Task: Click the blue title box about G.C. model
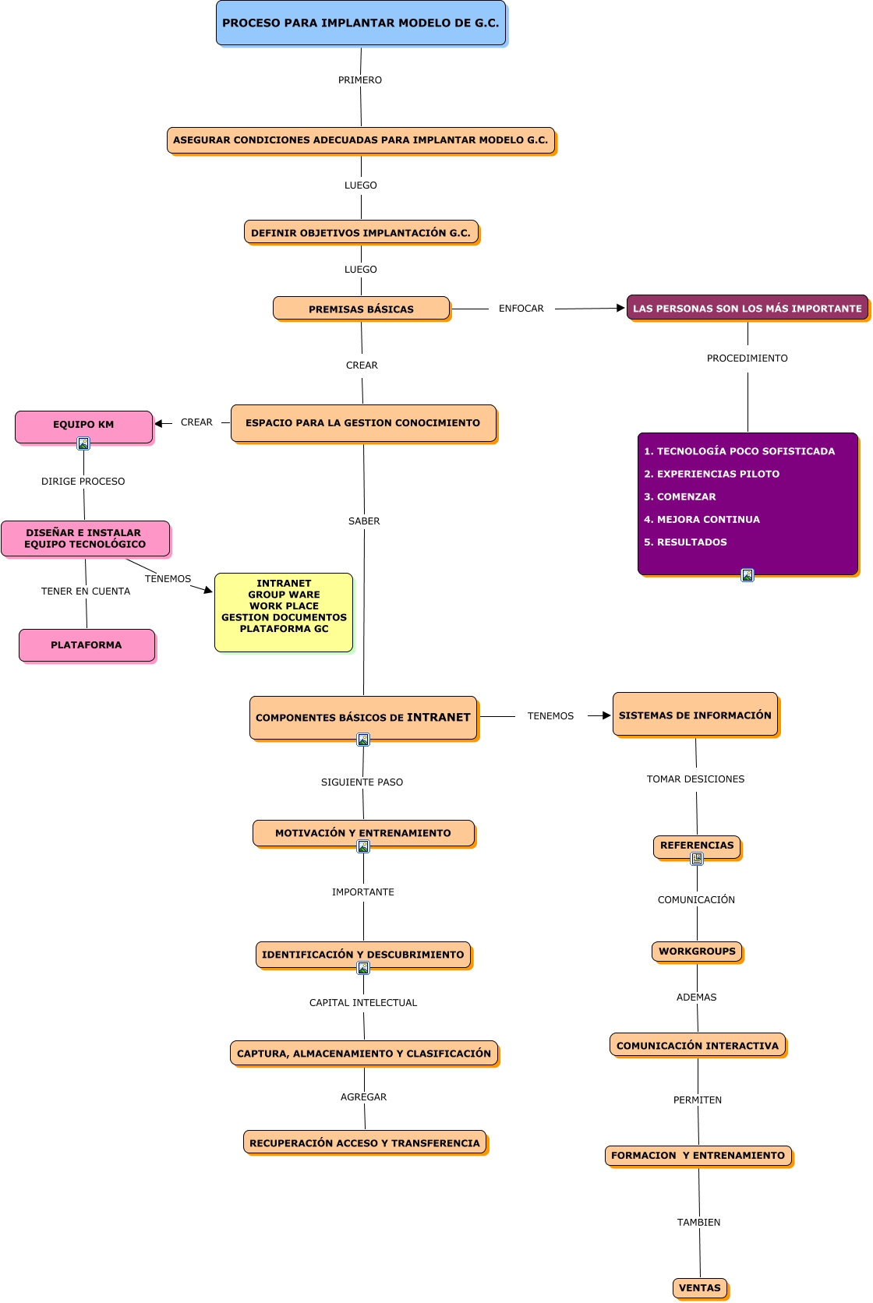[361, 23]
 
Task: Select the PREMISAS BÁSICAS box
[361, 309]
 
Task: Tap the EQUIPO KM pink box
[83, 425]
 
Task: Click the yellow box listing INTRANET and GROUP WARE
[284, 612]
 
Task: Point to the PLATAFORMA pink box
[87, 645]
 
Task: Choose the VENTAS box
[700, 1287]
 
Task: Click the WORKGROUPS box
[697, 952]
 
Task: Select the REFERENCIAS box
[697, 846]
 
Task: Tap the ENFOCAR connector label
[521, 309]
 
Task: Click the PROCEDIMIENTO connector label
[747, 358]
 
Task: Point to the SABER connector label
[364, 521]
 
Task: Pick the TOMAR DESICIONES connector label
[695, 779]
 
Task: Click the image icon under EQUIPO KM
[83, 443]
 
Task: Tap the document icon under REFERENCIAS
[697, 859]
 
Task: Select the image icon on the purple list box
[748, 575]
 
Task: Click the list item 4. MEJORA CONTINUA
[702, 520]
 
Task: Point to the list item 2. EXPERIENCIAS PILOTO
[711, 474]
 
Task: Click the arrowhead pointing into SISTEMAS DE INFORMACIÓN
[606, 715]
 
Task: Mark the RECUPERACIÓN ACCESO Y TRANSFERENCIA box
[365, 1143]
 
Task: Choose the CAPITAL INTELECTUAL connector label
[363, 1003]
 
